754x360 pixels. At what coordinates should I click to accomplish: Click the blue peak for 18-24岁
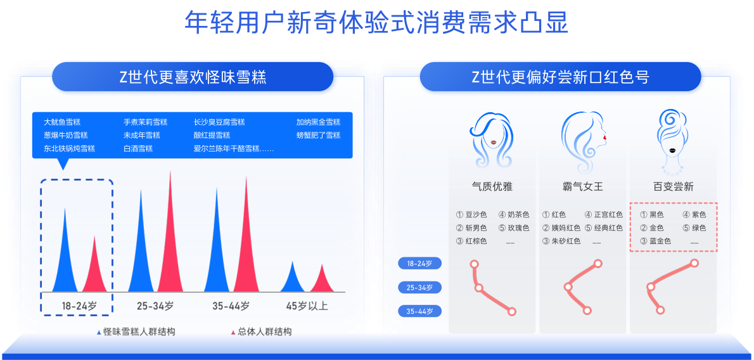[x=65, y=255]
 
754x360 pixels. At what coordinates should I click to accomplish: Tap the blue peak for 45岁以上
[x=292, y=279]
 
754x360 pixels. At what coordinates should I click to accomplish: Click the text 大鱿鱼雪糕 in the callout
[x=62, y=122]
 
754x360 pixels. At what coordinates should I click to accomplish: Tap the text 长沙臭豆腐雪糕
[x=219, y=122]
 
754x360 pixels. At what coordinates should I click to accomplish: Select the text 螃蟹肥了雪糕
[x=318, y=135]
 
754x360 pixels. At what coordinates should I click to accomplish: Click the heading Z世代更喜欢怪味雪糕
[x=193, y=77]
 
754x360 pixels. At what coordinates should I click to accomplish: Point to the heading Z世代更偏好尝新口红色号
[x=560, y=77]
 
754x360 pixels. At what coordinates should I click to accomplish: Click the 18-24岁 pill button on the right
[x=420, y=264]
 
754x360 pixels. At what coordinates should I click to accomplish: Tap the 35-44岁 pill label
[x=420, y=311]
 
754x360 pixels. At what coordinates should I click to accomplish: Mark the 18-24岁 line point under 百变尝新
[x=694, y=263]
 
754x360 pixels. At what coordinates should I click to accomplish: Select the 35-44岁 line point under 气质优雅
[x=512, y=311]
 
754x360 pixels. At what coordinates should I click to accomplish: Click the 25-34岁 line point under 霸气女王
[x=568, y=287]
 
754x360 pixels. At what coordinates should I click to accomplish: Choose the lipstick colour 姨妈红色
[x=561, y=228]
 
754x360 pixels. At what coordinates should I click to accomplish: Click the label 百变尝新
[x=673, y=187]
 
